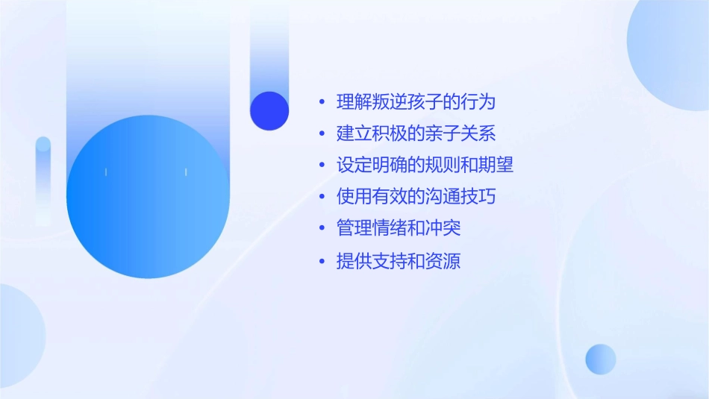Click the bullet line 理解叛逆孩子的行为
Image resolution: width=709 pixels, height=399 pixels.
pyautogui.click(x=416, y=102)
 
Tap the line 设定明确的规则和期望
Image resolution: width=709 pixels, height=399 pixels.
pyautogui.click(x=425, y=166)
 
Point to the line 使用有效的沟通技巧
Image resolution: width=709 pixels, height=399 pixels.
pyautogui.click(x=416, y=197)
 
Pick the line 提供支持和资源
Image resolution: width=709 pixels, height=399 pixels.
pyautogui.click(x=399, y=262)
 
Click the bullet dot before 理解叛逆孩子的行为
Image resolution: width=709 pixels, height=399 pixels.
pyautogui.click(x=322, y=103)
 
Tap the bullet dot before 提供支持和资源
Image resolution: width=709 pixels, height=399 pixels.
pyautogui.click(x=322, y=263)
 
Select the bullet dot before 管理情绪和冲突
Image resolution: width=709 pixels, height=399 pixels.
pyautogui.click(x=322, y=229)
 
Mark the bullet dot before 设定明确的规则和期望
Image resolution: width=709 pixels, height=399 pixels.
pyautogui.click(x=322, y=166)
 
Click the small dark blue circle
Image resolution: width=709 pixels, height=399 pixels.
pyautogui.click(x=269, y=110)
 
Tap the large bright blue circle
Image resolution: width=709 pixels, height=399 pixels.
pyautogui.click(x=148, y=197)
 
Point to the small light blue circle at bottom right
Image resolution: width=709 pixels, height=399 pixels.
pyautogui.click(x=601, y=359)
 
